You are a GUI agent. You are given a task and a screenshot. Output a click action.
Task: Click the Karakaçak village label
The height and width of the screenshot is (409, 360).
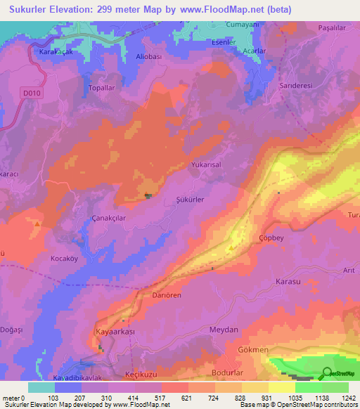[x=47, y=53]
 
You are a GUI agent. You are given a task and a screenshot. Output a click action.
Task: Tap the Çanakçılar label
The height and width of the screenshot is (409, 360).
[x=109, y=219]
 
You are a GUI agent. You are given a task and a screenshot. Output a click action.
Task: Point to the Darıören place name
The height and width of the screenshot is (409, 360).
[x=167, y=295]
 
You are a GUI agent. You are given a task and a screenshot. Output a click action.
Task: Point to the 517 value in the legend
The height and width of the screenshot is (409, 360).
[x=141, y=398]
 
